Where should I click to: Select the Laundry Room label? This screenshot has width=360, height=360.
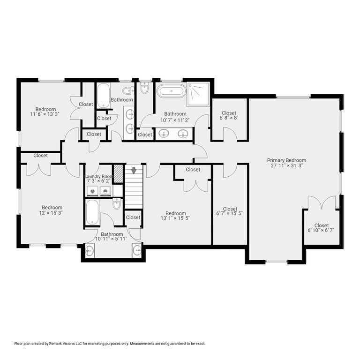click(x=99, y=176)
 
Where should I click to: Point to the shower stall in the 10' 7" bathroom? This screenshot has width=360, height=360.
click(x=199, y=94)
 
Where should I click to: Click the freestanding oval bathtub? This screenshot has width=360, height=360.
click(x=171, y=90)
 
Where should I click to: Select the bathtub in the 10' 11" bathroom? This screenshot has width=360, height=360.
click(x=92, y=212)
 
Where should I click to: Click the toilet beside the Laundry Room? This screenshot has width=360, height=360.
click(x=117, y=204)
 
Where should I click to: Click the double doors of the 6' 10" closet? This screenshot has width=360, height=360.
click(x=322, y=203)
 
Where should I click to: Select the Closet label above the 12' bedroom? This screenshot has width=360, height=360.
click(x=40, y=156)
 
